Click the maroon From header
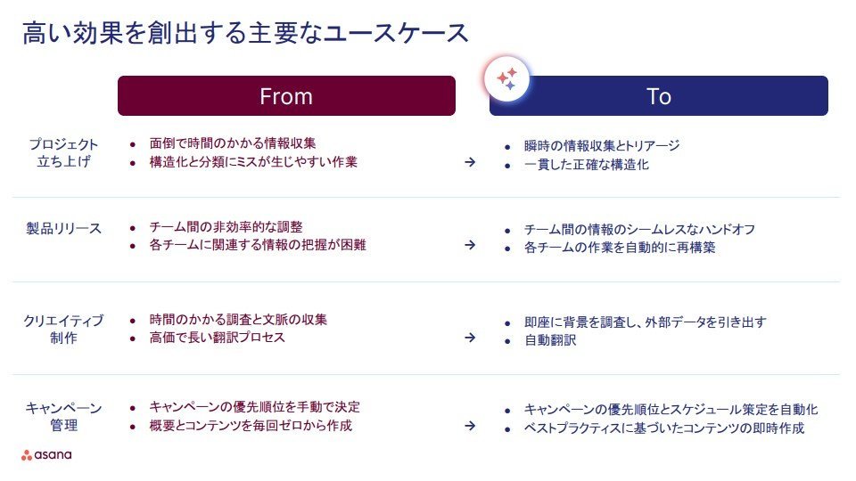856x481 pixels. (286, 96)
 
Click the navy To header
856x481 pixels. (658, 96)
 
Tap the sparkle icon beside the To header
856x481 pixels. (507, 78)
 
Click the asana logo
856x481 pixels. (46, 455)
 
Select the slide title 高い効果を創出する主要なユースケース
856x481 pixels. (246, 33)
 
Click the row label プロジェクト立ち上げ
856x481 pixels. (63, 152)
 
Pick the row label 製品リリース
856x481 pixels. (64, 229)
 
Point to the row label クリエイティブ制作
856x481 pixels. (63, 330)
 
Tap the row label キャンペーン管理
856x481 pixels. (63, 417)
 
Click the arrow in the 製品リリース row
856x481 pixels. (470, 246)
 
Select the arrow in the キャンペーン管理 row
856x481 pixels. (470, 426)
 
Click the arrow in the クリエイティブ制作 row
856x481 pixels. (470, 338)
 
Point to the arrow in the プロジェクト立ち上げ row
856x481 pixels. (470, 162)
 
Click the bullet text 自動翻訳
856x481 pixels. (550, 340)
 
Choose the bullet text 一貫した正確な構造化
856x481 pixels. (587, 165)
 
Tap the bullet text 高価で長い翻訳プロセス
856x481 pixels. (218, 338)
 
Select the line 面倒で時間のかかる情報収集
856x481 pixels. (233, 143)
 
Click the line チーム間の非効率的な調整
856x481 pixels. (226, 227)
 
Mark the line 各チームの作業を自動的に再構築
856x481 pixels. (620, 248)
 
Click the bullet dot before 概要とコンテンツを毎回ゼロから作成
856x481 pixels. (133, 427)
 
